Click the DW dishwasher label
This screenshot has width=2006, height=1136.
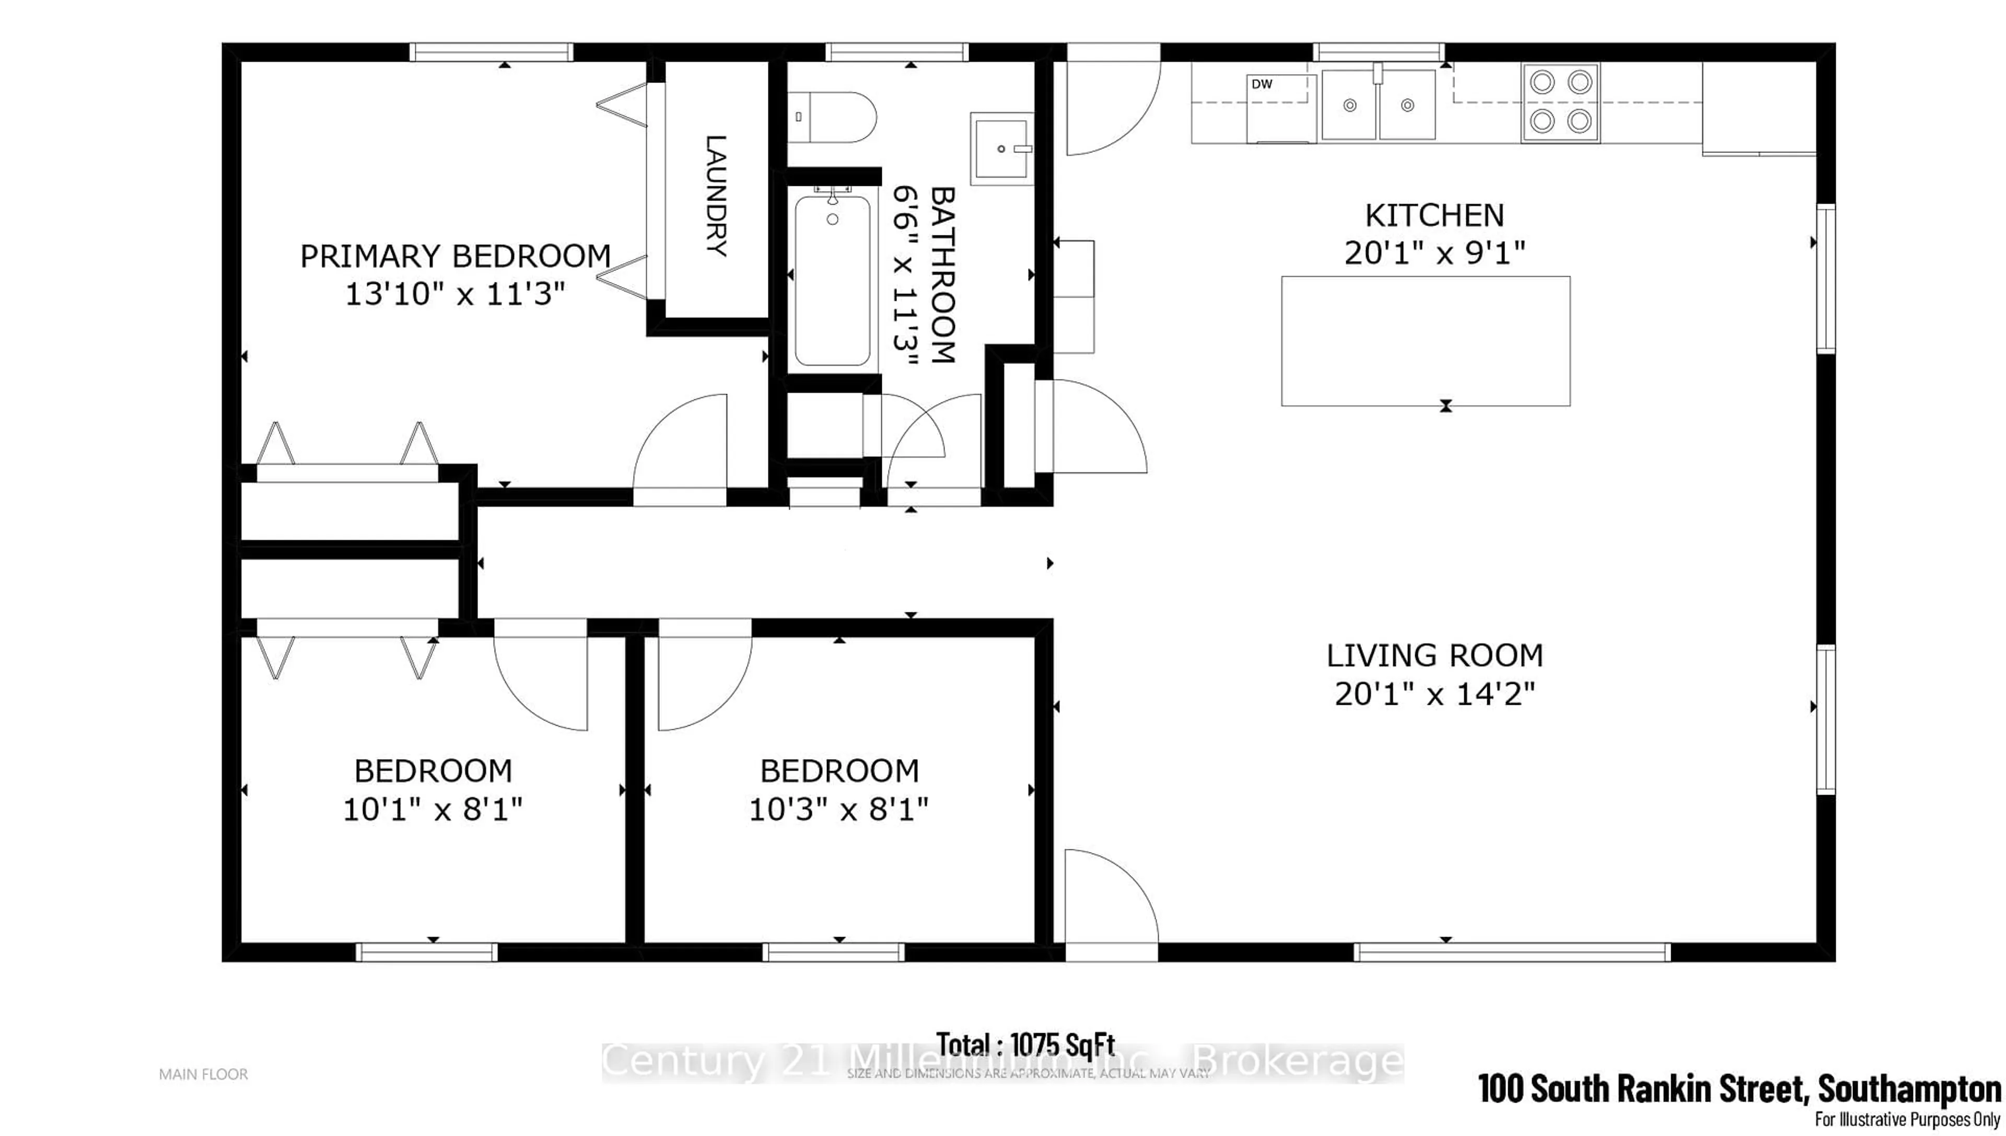(1262, 84)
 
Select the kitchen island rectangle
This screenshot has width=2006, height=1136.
(1425, 341)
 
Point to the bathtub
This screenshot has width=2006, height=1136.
(832, 281)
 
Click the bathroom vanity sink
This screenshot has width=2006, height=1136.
(1001, 148)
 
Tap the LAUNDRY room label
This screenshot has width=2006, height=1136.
(716, 196)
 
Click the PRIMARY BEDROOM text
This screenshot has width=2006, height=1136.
(455, 256)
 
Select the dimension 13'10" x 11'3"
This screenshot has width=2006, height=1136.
(455, 294)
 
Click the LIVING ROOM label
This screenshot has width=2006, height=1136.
(1434, 655)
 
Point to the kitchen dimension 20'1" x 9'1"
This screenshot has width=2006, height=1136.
(1434, 253)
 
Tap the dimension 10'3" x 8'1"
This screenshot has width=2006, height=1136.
(839, 810)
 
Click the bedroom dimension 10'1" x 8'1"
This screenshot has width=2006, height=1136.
(433, 810)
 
